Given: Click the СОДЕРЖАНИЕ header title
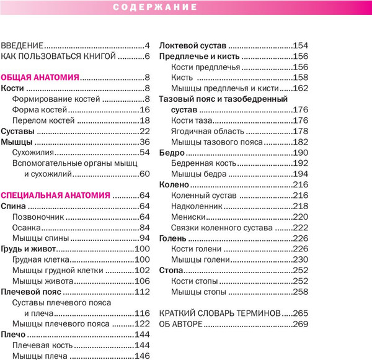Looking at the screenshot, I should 156,7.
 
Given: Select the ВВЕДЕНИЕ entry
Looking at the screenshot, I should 22,46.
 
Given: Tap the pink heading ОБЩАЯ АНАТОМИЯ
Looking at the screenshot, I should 40,78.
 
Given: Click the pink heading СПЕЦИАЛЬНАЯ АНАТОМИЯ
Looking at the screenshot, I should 56,195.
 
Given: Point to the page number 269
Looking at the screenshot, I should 301,324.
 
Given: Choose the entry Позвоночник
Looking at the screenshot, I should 38,217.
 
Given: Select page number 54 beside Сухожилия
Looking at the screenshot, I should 146,153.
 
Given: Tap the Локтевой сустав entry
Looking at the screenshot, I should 192,46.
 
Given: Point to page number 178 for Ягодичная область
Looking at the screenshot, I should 301,131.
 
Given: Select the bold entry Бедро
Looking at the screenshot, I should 172,153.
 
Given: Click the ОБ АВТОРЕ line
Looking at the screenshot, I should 183,324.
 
